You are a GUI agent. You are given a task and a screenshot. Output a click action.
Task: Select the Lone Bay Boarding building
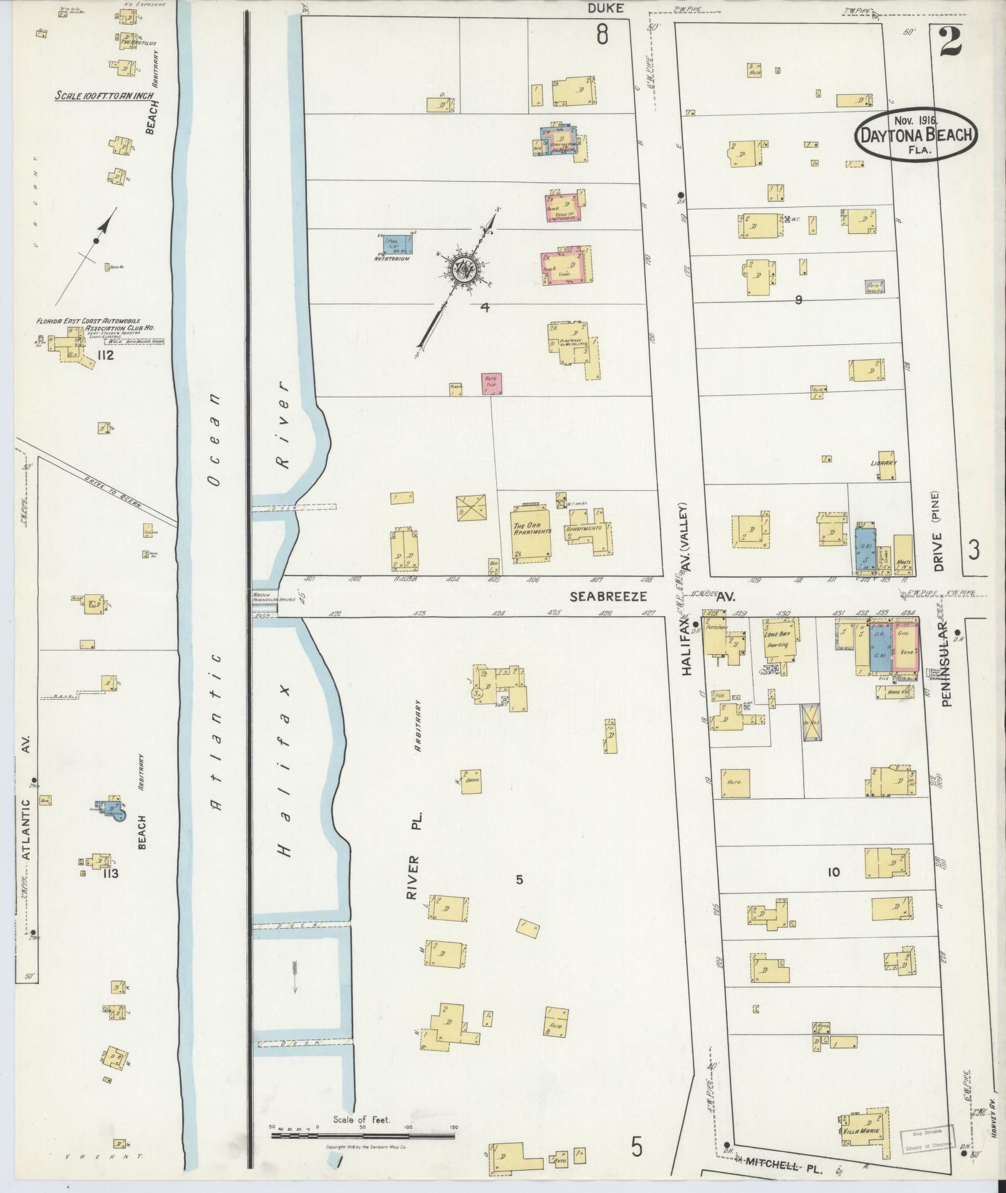point(777,638)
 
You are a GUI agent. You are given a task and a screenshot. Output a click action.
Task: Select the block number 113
point(110,873)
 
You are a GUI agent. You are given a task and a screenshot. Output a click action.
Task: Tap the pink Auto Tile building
point(491,384)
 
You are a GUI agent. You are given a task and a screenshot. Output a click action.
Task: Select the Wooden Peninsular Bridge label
point(264,596)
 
